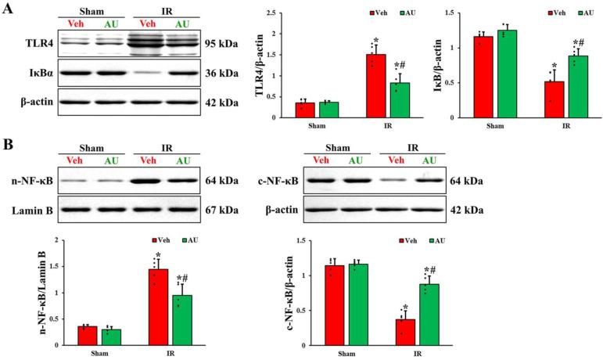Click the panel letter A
coord(9,10)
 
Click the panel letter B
coord(9,146)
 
